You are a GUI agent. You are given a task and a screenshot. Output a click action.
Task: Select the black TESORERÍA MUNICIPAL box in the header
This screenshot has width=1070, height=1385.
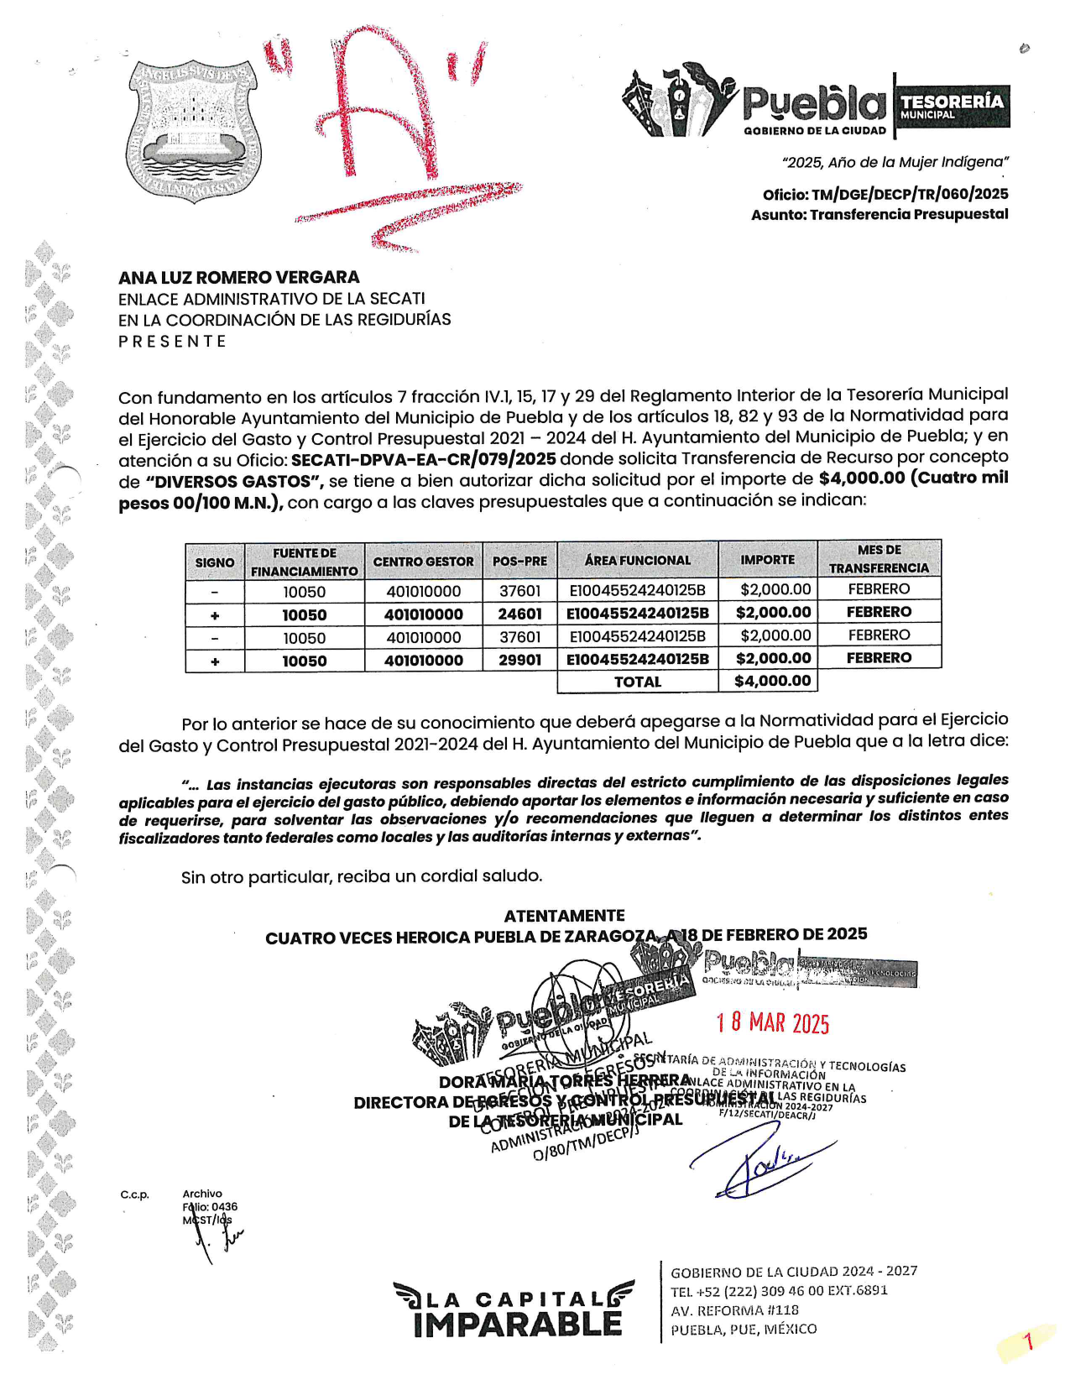pyautogui.click(x=953, y=106)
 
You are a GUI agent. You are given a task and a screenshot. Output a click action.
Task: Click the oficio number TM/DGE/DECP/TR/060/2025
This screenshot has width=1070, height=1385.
pyautogui.click(x=910, y=194)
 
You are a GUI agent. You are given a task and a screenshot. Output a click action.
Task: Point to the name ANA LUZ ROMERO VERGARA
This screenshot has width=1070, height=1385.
pyautogui.click(x=239, y=277)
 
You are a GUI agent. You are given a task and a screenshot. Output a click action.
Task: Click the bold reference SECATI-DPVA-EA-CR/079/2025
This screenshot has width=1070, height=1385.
pyautogui.click(x=424, y=458)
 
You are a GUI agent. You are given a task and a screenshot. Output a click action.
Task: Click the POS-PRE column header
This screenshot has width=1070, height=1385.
pyautogui.click(x=519, y=561)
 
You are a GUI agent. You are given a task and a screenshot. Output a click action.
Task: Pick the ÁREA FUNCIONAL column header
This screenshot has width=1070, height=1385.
pyautogui.click(x=638, y=561)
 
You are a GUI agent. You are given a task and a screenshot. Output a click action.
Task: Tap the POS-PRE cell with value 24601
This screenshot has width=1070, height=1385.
pyautogui.click(x=519, y=614)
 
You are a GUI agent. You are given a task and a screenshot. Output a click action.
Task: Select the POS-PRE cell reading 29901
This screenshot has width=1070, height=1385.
pyautogui.click(x=519, y=660)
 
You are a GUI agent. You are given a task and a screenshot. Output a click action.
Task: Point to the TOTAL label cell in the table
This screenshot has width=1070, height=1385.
pyautogui.click(x=638, y=682)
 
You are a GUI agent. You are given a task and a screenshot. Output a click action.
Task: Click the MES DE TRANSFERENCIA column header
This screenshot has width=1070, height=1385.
pyautogui.click(x=879, y=559)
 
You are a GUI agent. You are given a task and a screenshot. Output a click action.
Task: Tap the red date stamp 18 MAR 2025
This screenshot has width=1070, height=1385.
pyautogui.click(x=772, y=1023)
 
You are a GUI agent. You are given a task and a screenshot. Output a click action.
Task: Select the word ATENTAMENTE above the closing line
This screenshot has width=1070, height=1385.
pyautogui.click(x=564, y=915)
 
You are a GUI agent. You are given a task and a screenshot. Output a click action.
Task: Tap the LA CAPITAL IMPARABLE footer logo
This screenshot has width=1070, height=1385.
pyautogui.click(x=514, y=1310)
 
